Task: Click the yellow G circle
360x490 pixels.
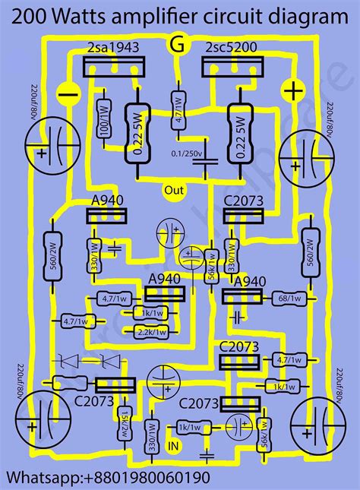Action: pyautogui.click(x=178, y=46)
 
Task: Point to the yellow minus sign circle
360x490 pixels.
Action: pyautogui.click(x=68, y=94)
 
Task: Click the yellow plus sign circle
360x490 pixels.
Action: pyautogui.click(x=291, y=91)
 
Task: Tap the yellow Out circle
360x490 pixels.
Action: pyautogui.click(x=175, y=190)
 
